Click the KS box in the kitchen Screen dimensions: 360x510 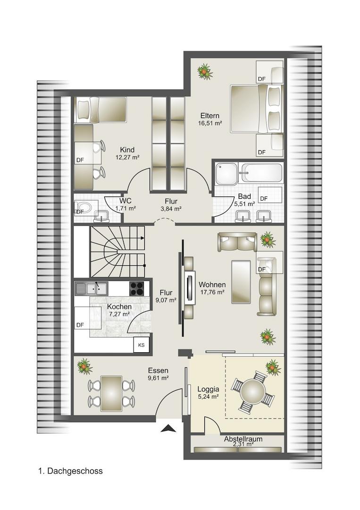coord(142,345)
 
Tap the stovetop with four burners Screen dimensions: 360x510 coord(137,289)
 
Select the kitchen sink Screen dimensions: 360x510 coord(92,289)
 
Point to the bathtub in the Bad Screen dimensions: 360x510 coord(261,172)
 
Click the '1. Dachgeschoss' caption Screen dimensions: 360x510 coord(70,471)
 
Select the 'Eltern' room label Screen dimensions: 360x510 coord(210,116)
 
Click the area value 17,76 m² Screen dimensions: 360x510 coord(212,292)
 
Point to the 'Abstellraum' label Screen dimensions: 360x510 coord(243,439)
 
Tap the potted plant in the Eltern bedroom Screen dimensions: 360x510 coord(205,71)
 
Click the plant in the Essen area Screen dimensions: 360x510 coord(85,366)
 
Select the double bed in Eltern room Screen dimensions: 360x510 coord(257,109)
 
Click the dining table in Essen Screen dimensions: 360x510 coord(111,393)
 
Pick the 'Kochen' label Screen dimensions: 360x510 coord(119,307)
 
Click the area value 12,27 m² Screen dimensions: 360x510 coord(127,157)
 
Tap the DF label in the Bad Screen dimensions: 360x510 coord(264,198)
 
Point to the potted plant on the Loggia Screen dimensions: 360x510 coord(273,367)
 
